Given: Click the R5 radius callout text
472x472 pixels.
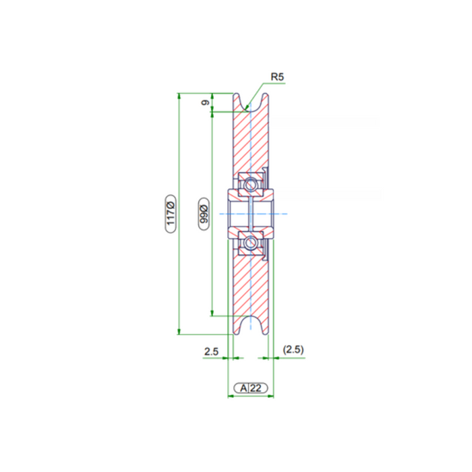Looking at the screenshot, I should coord(278,77).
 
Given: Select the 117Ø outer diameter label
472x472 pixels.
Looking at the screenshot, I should coord(171,214).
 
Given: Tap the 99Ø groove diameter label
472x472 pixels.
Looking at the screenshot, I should coord(204,214).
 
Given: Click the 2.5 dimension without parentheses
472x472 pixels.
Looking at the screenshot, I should coord(211,351).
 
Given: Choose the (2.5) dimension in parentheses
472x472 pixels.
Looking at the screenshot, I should coord(294,349).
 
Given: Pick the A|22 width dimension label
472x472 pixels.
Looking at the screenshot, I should coord(251,388).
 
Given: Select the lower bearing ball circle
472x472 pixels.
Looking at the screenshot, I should coord(251,243).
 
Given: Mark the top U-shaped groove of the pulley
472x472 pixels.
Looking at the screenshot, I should coord(251,102).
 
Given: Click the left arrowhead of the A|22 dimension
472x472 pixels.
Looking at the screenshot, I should coord(230,396).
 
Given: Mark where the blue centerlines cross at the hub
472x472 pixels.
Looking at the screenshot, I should coord(251,214).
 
